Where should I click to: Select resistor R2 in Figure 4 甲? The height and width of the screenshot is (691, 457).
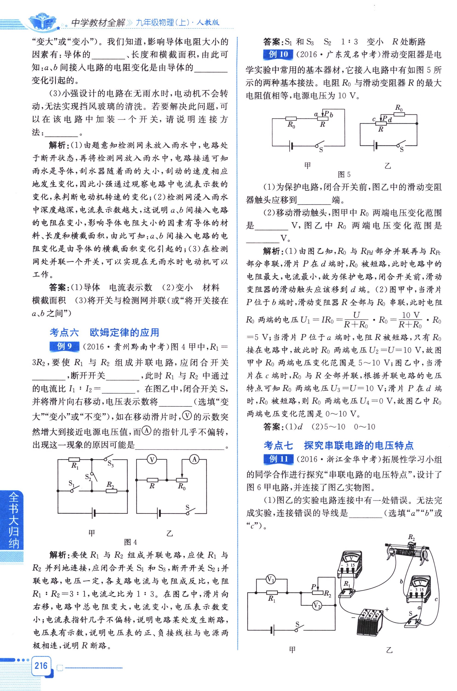(111, 491)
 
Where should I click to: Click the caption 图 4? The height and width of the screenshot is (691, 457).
(130, 542)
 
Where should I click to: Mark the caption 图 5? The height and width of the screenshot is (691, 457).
(344, 175)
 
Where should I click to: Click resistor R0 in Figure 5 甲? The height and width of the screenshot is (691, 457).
(291, 119)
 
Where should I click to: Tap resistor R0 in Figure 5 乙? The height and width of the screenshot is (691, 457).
(399, 114)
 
